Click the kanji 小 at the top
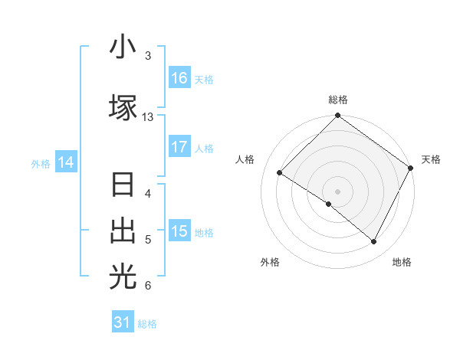click(123, 47)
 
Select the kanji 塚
click(123, 108)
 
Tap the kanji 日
click(123, 185)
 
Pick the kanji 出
click(123, 231)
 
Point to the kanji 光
click(123, 277)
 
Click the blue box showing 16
click(179, 78)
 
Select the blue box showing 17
click(179, 147)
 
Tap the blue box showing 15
click(179, 231)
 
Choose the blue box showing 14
click(65, 162)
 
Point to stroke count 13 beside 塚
click(148, 117)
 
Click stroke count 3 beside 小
click(148, 56)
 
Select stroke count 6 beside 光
click(148, 286)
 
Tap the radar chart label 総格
click(338, 100)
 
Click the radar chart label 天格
click(431, 159)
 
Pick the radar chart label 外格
click(270, 262)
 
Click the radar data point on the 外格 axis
click(329, 204)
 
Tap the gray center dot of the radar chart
click(337, 191)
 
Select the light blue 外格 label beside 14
click(41, 163)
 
